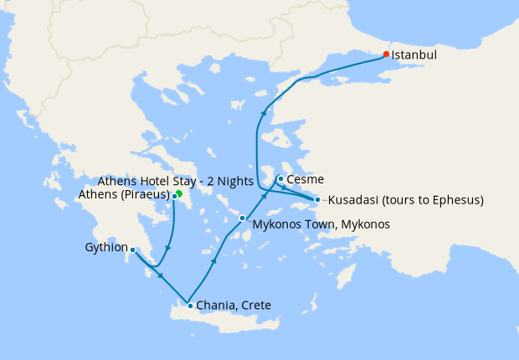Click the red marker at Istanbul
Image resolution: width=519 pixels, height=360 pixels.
(x=386, y=54)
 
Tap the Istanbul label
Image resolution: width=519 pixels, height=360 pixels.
(x=415, y=55)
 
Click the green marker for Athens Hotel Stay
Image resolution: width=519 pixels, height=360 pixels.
(x=179, y=193)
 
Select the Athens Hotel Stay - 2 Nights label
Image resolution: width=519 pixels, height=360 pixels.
(x=175, y=181)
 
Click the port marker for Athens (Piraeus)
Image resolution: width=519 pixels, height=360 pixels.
(x=174, y=197)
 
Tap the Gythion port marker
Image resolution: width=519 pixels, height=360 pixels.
(x=133, y=249)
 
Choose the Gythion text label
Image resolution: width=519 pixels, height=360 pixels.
(x=106, y=248)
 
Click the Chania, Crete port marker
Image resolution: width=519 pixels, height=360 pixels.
(x=190, y=306)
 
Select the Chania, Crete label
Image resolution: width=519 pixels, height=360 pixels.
(x=234, y=306)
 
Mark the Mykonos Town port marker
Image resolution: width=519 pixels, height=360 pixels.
(x=242, y=219)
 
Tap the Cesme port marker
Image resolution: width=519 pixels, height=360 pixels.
(x=280, y=178)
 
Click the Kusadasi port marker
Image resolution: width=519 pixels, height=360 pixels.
(x=317, y=199)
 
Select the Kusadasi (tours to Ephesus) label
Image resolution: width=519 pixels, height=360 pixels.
(x=405, y=201)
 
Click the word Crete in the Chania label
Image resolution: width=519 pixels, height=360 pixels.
(x=255, y=306)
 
